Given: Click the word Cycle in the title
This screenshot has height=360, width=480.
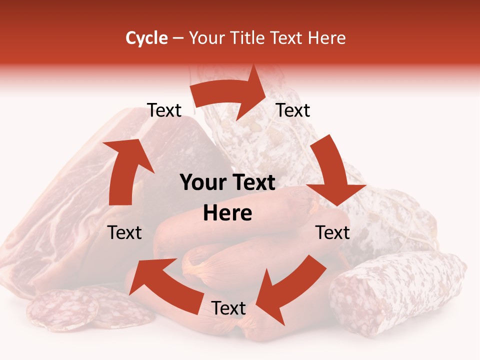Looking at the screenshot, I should (x=146, y=38).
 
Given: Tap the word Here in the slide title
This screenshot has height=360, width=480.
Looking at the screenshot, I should (x=327, y=38).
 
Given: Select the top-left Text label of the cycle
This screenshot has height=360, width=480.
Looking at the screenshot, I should (x=164, y=110).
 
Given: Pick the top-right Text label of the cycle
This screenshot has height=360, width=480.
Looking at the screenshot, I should (x=293, y=110).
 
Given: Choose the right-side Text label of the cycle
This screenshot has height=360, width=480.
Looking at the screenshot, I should (x=332, y=232).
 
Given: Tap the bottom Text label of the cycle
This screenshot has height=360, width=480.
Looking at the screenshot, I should (x=228, y=308).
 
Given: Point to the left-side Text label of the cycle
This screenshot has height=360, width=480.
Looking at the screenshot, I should (x=124, y=232).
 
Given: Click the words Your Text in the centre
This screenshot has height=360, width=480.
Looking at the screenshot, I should (x=227, y=183).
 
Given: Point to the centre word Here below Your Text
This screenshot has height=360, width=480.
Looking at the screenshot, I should (x=227, y=213).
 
